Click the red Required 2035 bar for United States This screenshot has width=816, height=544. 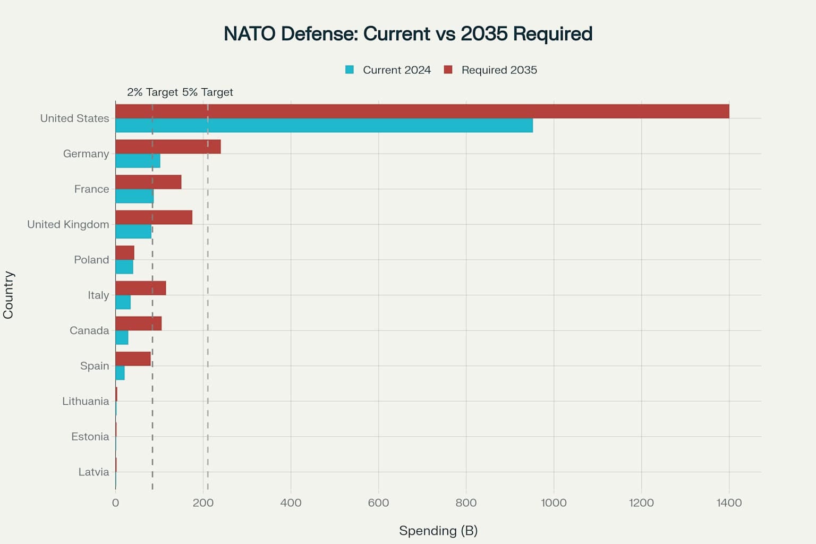(422, 112)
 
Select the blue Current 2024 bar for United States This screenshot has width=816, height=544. (324, 125)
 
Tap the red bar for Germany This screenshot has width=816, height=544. (168, 147)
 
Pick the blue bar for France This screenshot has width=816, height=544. (134, 196)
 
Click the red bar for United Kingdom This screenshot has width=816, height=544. (154, 217)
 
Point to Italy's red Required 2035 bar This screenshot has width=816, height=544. (140, 288)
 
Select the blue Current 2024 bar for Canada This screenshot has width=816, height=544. (122, 337)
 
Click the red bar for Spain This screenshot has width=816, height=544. (133, 359)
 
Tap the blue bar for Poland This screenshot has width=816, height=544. (124, 267)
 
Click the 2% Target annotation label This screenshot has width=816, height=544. (152, 92)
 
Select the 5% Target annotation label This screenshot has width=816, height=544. (208, 92)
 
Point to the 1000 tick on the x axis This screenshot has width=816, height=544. (554, 503)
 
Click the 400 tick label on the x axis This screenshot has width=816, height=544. (291, 503)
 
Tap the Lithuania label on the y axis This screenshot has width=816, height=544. (86, 401)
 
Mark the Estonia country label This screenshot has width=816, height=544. (90, 437)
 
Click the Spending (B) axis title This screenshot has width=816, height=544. (438, 531)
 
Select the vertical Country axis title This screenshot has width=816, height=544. (8, 295)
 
